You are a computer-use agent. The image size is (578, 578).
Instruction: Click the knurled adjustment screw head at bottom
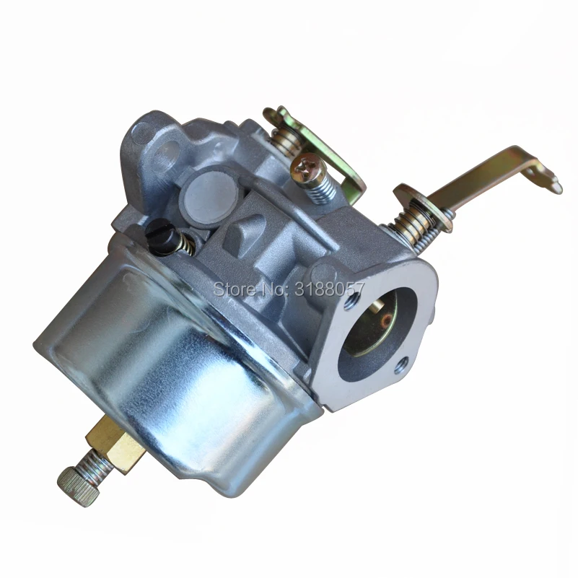[x=79, y=486]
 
